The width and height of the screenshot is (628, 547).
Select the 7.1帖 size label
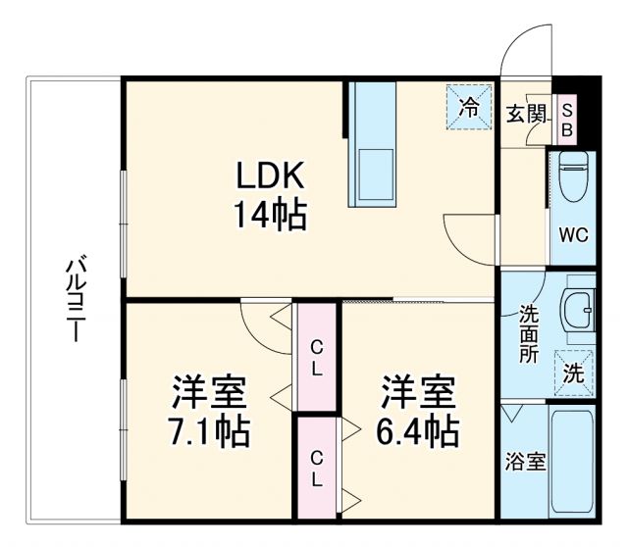(x=208, y=428)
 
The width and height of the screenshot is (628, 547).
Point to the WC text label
(x=573, y=235)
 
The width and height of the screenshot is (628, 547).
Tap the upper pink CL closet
(x=316, y=357)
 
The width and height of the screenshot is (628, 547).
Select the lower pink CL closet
(x=316, y=469)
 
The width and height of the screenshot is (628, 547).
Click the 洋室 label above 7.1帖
(x=208, y=392)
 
